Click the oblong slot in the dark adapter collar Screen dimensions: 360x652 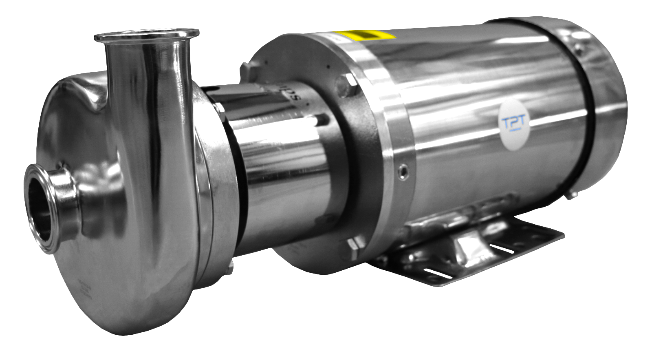click(x=322, y=120)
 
